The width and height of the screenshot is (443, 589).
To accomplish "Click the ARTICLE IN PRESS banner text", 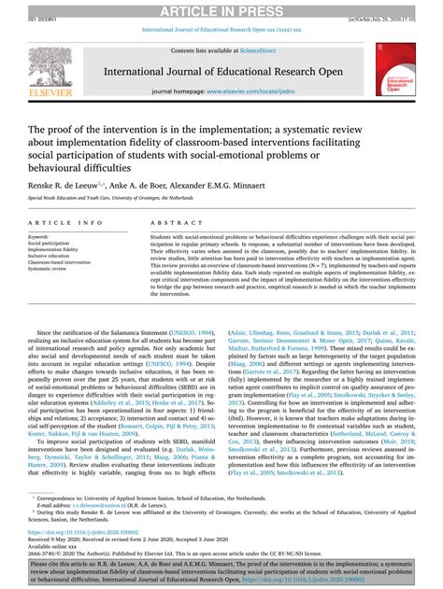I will (221, 9).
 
